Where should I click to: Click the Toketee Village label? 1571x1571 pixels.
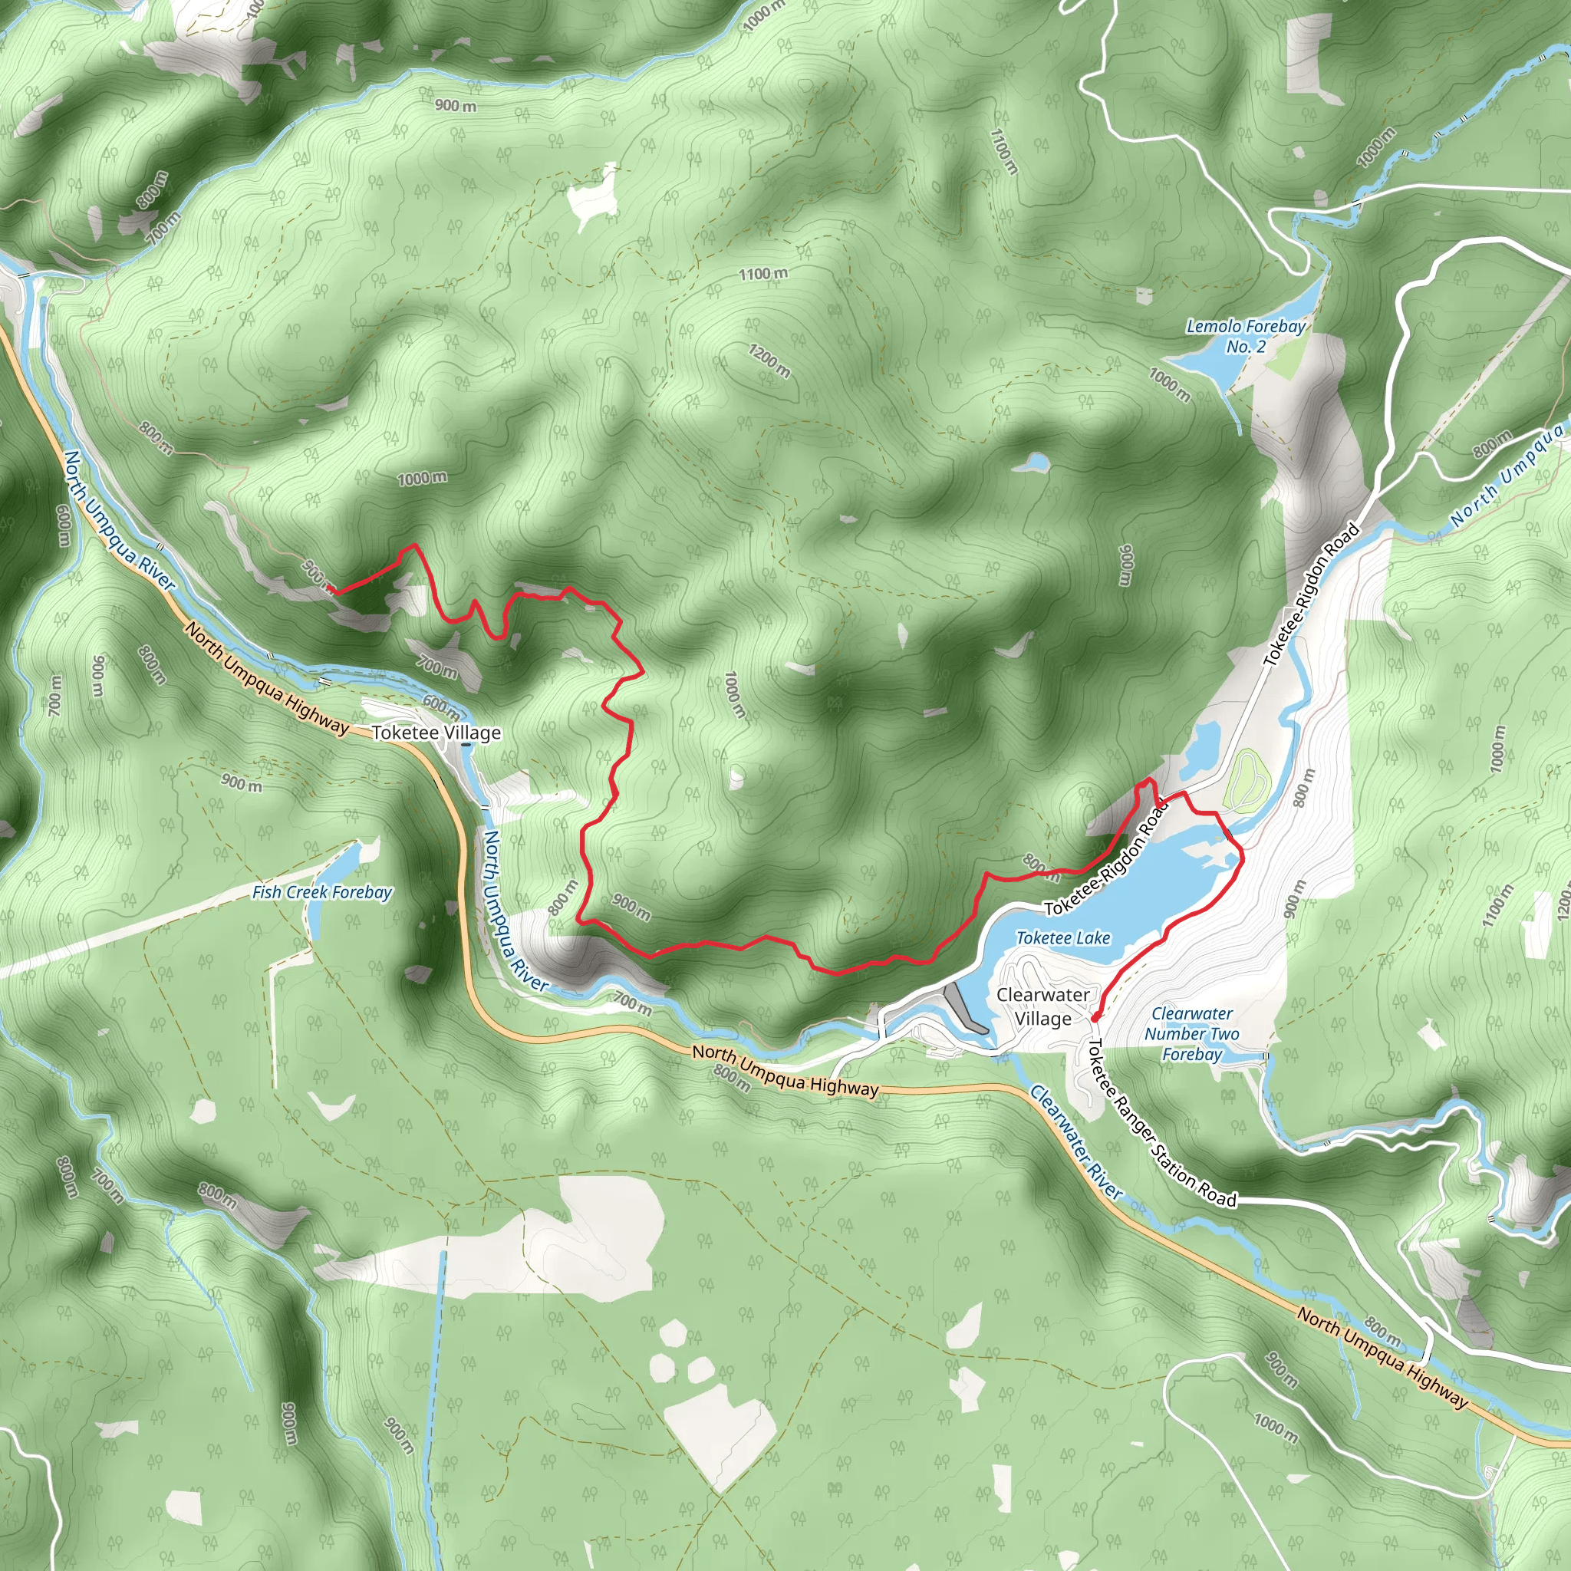(x=436, y=733)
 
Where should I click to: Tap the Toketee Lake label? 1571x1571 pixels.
(x=1062, y=937)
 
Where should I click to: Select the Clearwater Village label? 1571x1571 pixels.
(x=1042, y=1006)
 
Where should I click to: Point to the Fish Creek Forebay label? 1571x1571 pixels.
(x=322, y=892)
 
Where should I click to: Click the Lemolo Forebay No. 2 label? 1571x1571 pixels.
(x=1246, y=336)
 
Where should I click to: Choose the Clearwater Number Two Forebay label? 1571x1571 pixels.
(x=1191, y=1033)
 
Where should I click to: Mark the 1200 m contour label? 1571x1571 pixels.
(x=769, y=361)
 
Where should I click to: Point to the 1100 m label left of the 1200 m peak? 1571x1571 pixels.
(x=762, y=274)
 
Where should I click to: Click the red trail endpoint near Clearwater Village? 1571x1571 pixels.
(x=1095, y=1017)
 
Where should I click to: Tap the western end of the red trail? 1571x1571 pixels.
(x=331, y=591)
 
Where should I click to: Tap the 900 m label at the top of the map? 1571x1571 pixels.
(x=456, y=106)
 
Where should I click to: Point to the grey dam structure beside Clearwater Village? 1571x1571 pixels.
(x=967, y=1007)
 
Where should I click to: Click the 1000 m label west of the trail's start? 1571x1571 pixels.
(x=421, y=478)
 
